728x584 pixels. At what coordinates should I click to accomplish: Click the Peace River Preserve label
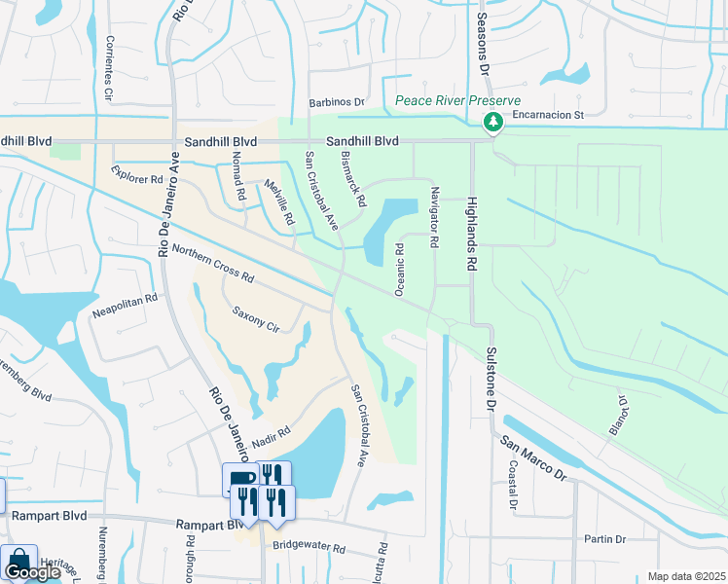pyautogui.click(x=457, y=100)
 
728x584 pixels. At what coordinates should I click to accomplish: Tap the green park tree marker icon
pyautogui.click(x=493, y=122)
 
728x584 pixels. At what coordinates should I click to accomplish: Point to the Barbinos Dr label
pyautogui.click(x=336, y=101)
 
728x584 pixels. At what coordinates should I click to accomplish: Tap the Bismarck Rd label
pyautogui.click(x=352, y=178)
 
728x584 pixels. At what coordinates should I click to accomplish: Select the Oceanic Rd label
pyautogui.click(x=399, y=269)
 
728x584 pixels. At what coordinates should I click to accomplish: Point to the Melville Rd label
pyautogui.click(x=279, y=201)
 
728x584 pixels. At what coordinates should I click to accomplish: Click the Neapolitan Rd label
pyautogui.click(x=125, y=308)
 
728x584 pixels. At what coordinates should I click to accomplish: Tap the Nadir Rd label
pyautogui.click(x=272, y=438)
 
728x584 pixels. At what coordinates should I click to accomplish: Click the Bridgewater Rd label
pyautogui.click(x=309, y=548)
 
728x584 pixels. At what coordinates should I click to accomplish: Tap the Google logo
pyautogui.click(x=32, y=572)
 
